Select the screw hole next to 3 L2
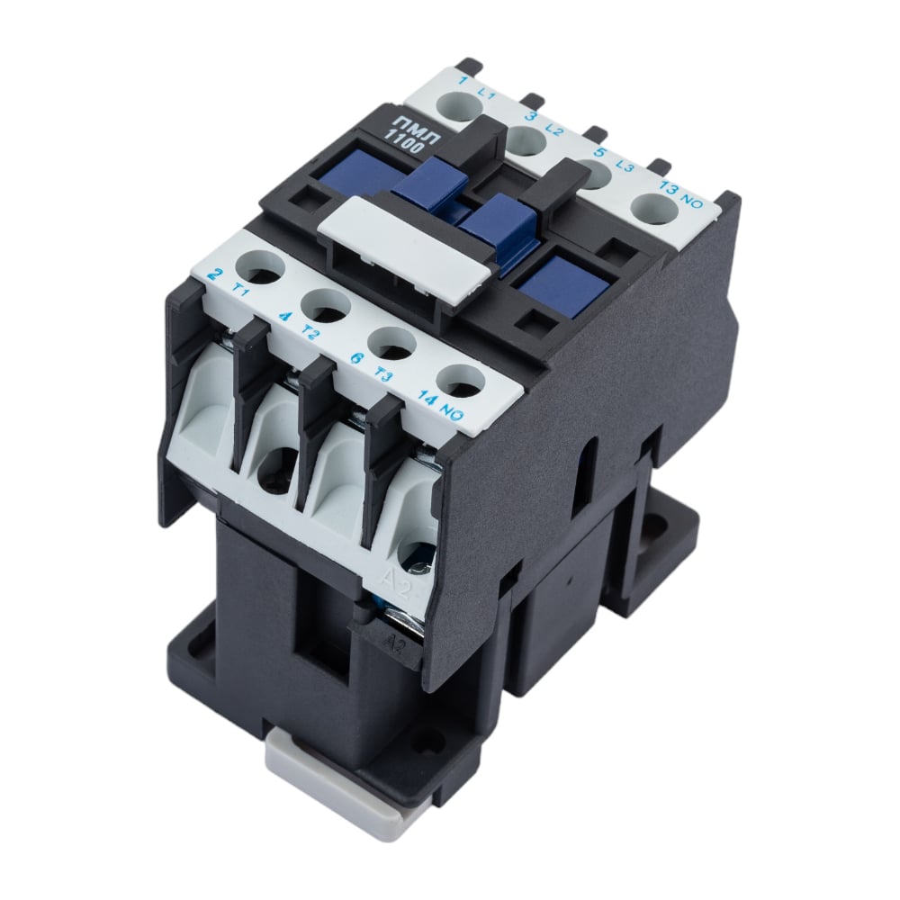click(x=525, y=141)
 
